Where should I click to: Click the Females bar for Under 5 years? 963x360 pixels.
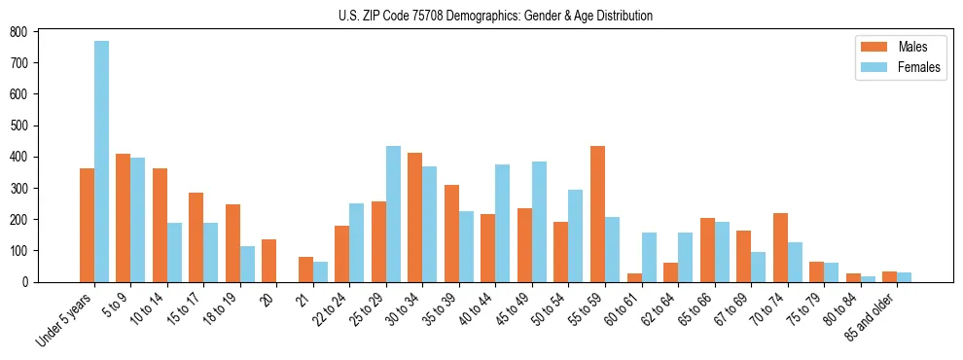[101, 162]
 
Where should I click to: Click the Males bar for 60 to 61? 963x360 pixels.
[634, 277]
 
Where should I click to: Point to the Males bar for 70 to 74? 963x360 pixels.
[780, 247]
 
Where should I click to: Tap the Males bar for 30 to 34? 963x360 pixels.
[415, 217]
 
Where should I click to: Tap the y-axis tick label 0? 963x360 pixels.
[26, 282]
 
